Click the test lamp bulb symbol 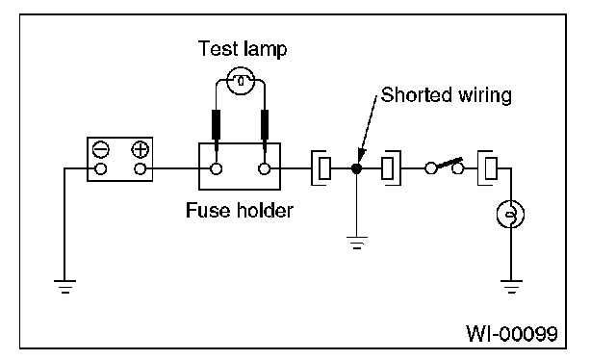(241, 81)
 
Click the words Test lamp (243, 49)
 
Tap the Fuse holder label (240, 210)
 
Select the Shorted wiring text (447, 95)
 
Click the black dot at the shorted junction (356, 168)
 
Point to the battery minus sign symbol (100, 149)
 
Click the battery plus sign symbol (140, 149)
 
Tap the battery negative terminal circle (100, 169)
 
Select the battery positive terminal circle (140, 169)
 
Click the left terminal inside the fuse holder (216, 169)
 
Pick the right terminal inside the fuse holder (265, 169)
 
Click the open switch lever (449, 163)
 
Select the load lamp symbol (510, 215)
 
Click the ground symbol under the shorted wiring (357, 243)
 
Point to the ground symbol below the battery (64, 287)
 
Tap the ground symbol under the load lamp (511, 287)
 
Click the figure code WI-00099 (511, 333)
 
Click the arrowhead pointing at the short (361, 155)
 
